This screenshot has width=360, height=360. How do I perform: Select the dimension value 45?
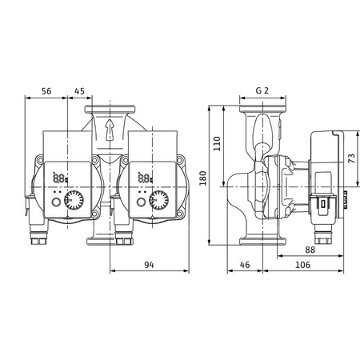80,91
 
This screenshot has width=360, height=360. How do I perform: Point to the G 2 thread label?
261,91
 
